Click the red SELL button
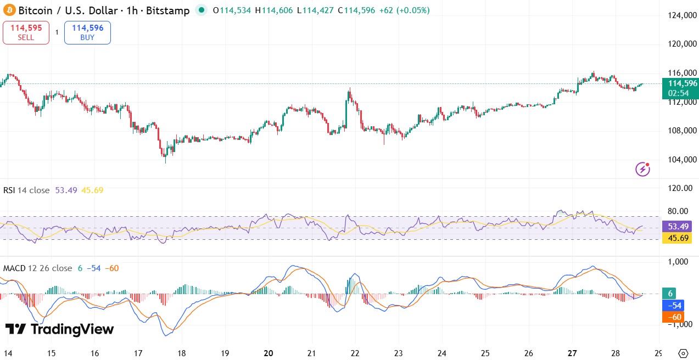26,32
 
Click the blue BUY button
87,32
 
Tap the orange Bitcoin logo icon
9,10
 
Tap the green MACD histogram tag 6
671,294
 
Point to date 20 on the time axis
269,353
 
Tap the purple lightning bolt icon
642,169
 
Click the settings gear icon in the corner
683,353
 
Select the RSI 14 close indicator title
26,190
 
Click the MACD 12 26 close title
37,268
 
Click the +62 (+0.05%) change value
404,10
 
